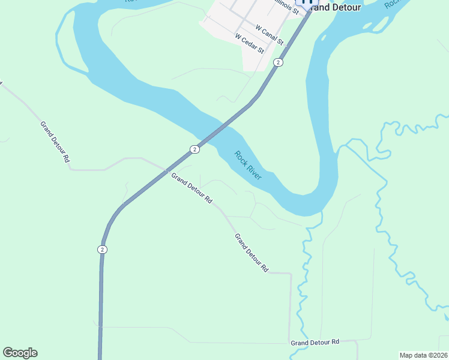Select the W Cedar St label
(x=250, y=44)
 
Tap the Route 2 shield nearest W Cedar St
(x=278, y=62)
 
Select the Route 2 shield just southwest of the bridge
(x=194, y=149)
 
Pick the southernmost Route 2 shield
(x=103, y=249)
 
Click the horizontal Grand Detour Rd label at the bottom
(x=315, y=342)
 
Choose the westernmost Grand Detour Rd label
(x=56, y=142)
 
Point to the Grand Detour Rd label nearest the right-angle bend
(x=252, y=253)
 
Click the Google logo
(x=20, y=353)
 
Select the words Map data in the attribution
(x=414, y=355)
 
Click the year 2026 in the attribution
(x=439, y=355)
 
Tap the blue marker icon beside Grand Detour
(x=307, y=3)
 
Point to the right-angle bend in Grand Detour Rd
(x=291, y=274)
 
